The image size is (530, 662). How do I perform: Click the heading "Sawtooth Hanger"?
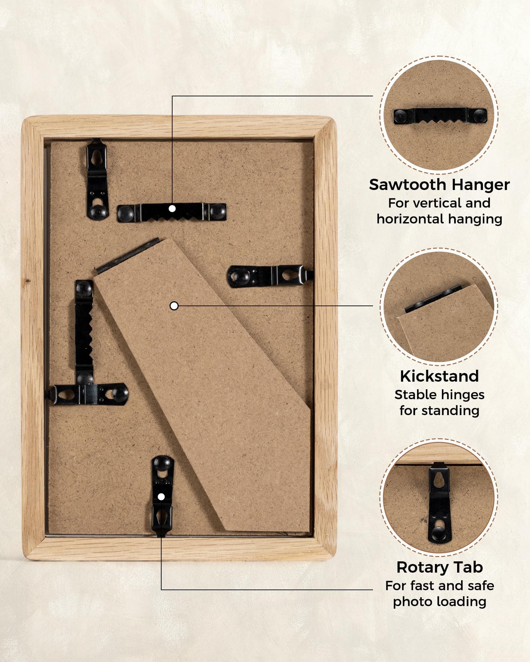pyautogui.click(x=439, y=185)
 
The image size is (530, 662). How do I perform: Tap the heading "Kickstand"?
pyautogui.click(x=439, y=376)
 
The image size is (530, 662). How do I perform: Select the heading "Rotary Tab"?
pyautogui.click(x=440, y=567)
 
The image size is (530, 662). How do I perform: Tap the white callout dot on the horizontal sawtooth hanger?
pyautogui.click(x=172, y=209)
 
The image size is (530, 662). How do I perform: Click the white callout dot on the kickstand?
pyautogui.click(x=174, y=306)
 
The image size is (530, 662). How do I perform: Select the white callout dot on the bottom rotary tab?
pyautogui.click(x=161, y=497)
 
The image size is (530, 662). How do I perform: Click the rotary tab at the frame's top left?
pyautogui.click(x=97, y=179)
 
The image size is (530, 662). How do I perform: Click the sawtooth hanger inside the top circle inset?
pyautogui.click(x=440, y=117)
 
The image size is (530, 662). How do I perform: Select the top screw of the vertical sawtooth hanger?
pyautogui.click(x=84, y=288)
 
